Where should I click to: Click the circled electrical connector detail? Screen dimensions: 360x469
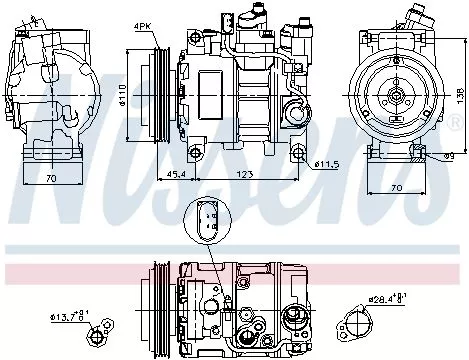pyautogui.click(x=204, y=221)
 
